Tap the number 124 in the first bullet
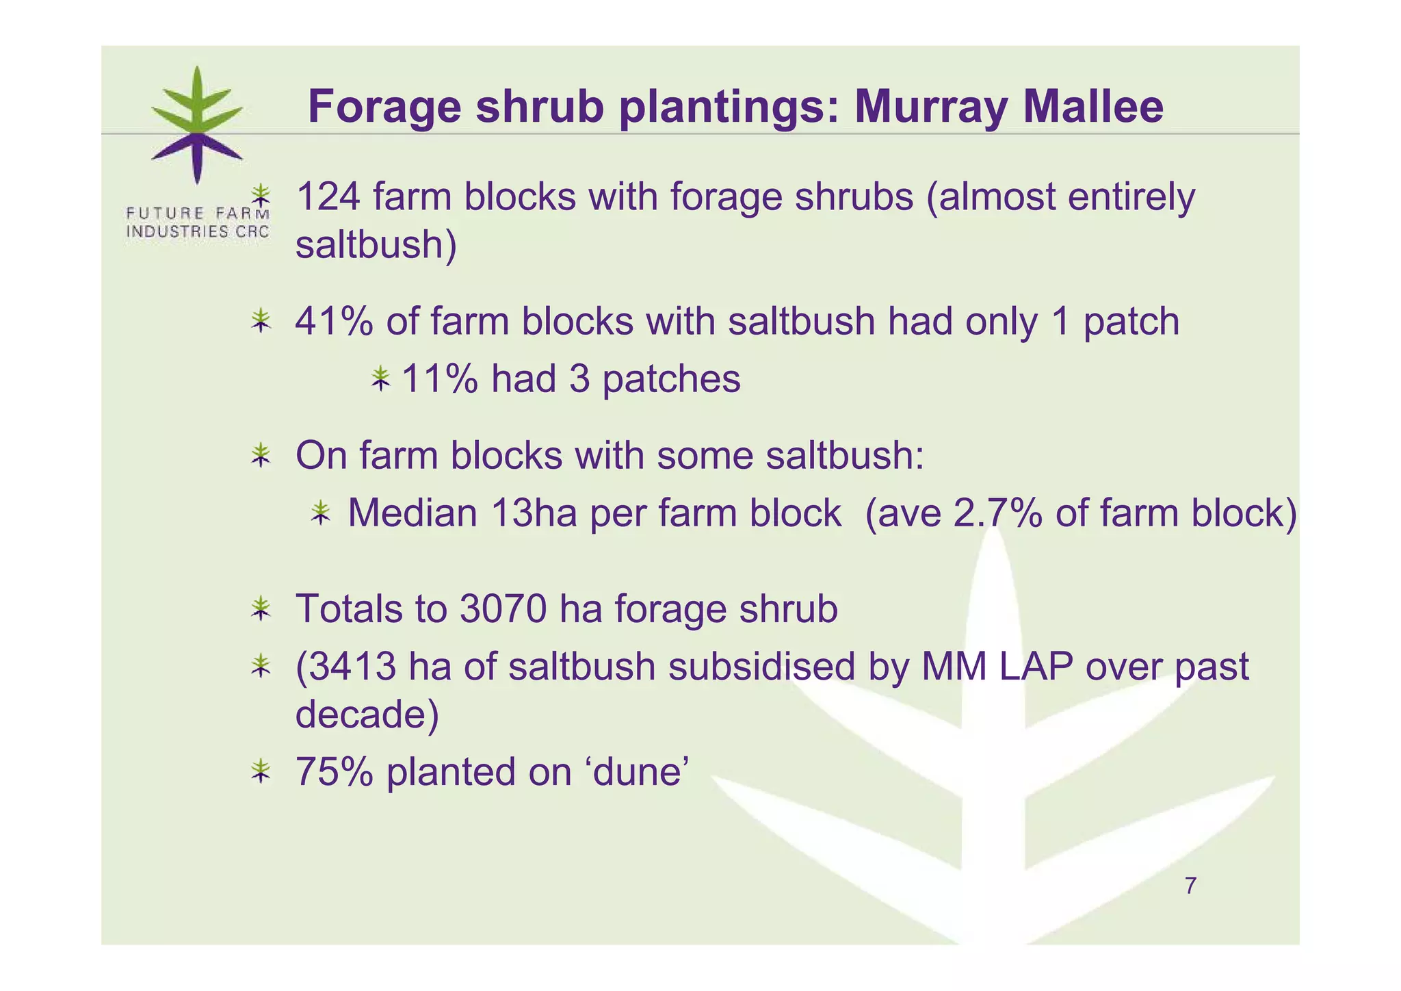[x=328, y=197]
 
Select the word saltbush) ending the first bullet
[x=376, y=244]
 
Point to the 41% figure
[x=334, y=322]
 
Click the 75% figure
[x=334, y=772]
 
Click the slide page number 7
[x=1190, y=886]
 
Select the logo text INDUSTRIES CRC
[x=197, y=231]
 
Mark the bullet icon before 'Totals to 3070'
[x=261, y=608]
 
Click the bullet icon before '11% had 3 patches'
[x=380, y=378]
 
